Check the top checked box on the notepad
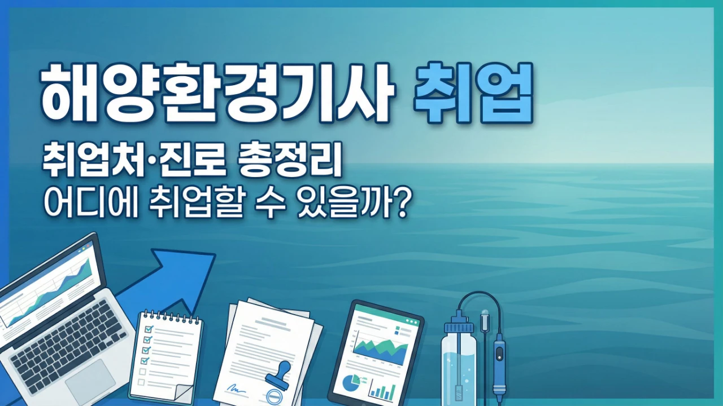click(149, 329)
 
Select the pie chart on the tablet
click(351, 383)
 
